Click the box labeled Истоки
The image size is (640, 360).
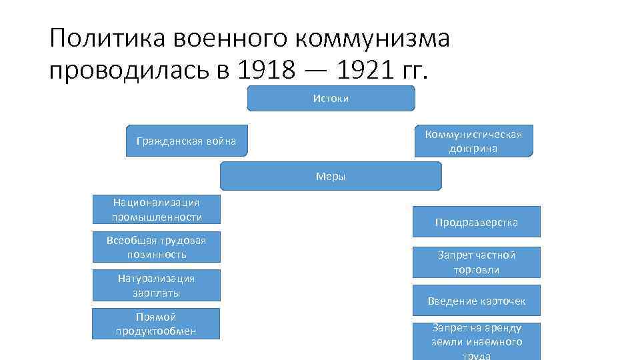pyautogui.click(x=331, y=98)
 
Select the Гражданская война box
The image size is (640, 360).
pyautogui.click(x=186, y=141)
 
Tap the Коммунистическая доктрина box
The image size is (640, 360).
pyautogui.click(x=473, y=141)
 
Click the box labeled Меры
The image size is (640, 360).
pyautogui.click(x=331, y=177)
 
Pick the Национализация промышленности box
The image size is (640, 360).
pyautogui.click(x=157, y=209)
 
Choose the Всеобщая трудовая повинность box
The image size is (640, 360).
pyautogui.click(x=157, y=247)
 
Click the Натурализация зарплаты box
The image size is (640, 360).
pyautogui.click(x=157, y=285)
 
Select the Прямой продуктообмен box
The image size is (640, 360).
pyautogui.click(x=156, y=324)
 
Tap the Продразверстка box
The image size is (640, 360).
pyautogui.click(x=476, y=222)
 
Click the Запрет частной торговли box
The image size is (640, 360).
pyautogui.click(x=476, y=262)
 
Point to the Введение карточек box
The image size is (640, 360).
pyautogui.click(x=476, y=301)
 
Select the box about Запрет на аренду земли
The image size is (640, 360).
pyautogui.click(x=476, y=341)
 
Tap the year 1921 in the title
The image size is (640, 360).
pyautogui.click(x=359, y=69)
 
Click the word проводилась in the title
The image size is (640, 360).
pyautogui.click(x=131, y=69)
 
